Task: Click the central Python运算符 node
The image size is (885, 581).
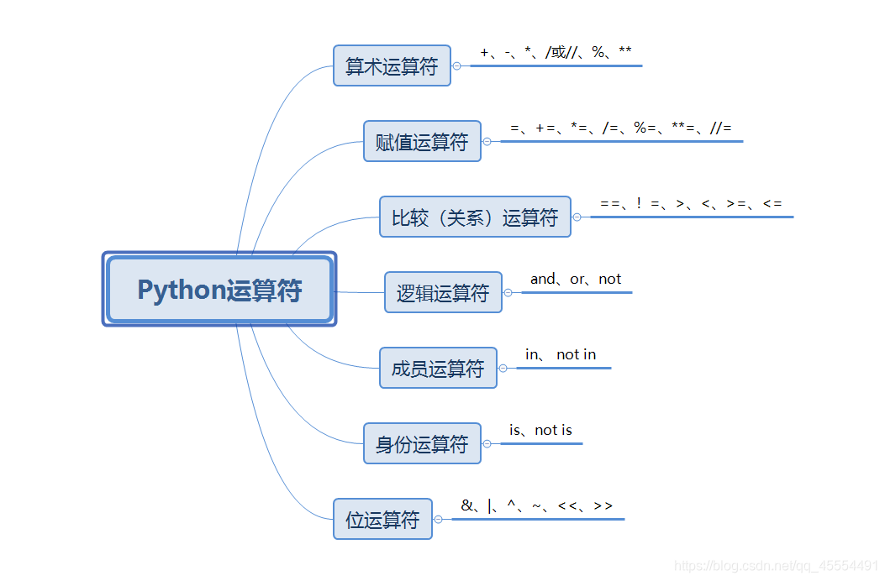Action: coord(219,290)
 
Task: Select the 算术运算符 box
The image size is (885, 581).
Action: coord(392,66)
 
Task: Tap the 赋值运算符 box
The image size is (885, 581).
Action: coord(422,142)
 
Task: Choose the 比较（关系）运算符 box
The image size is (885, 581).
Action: coord(475,217)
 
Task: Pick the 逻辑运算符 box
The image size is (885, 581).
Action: coord(443,293)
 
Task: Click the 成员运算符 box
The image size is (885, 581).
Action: coord(438,369)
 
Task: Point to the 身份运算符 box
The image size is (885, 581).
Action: coord(422,444)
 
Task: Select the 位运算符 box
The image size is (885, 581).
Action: coord(382,520)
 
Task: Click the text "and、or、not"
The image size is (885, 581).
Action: coord(576,279)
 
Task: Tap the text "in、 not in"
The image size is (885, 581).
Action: coord(561,354)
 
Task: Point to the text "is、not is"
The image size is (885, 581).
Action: coord(540,430)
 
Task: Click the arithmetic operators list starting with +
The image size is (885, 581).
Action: coord(556,52)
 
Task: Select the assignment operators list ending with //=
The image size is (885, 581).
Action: coord(621,128)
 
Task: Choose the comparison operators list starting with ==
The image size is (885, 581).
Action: coord(691,203)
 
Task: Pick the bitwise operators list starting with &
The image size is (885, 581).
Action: coord(537,505)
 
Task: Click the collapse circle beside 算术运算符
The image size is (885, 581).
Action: coord(457,65)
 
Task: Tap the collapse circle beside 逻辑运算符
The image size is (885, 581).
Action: coord(508,293)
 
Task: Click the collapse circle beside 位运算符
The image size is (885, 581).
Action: coord(438,520)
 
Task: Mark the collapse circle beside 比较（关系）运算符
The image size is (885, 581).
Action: coord(577,217)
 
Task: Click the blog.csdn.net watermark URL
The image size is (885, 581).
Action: coord(777,567)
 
